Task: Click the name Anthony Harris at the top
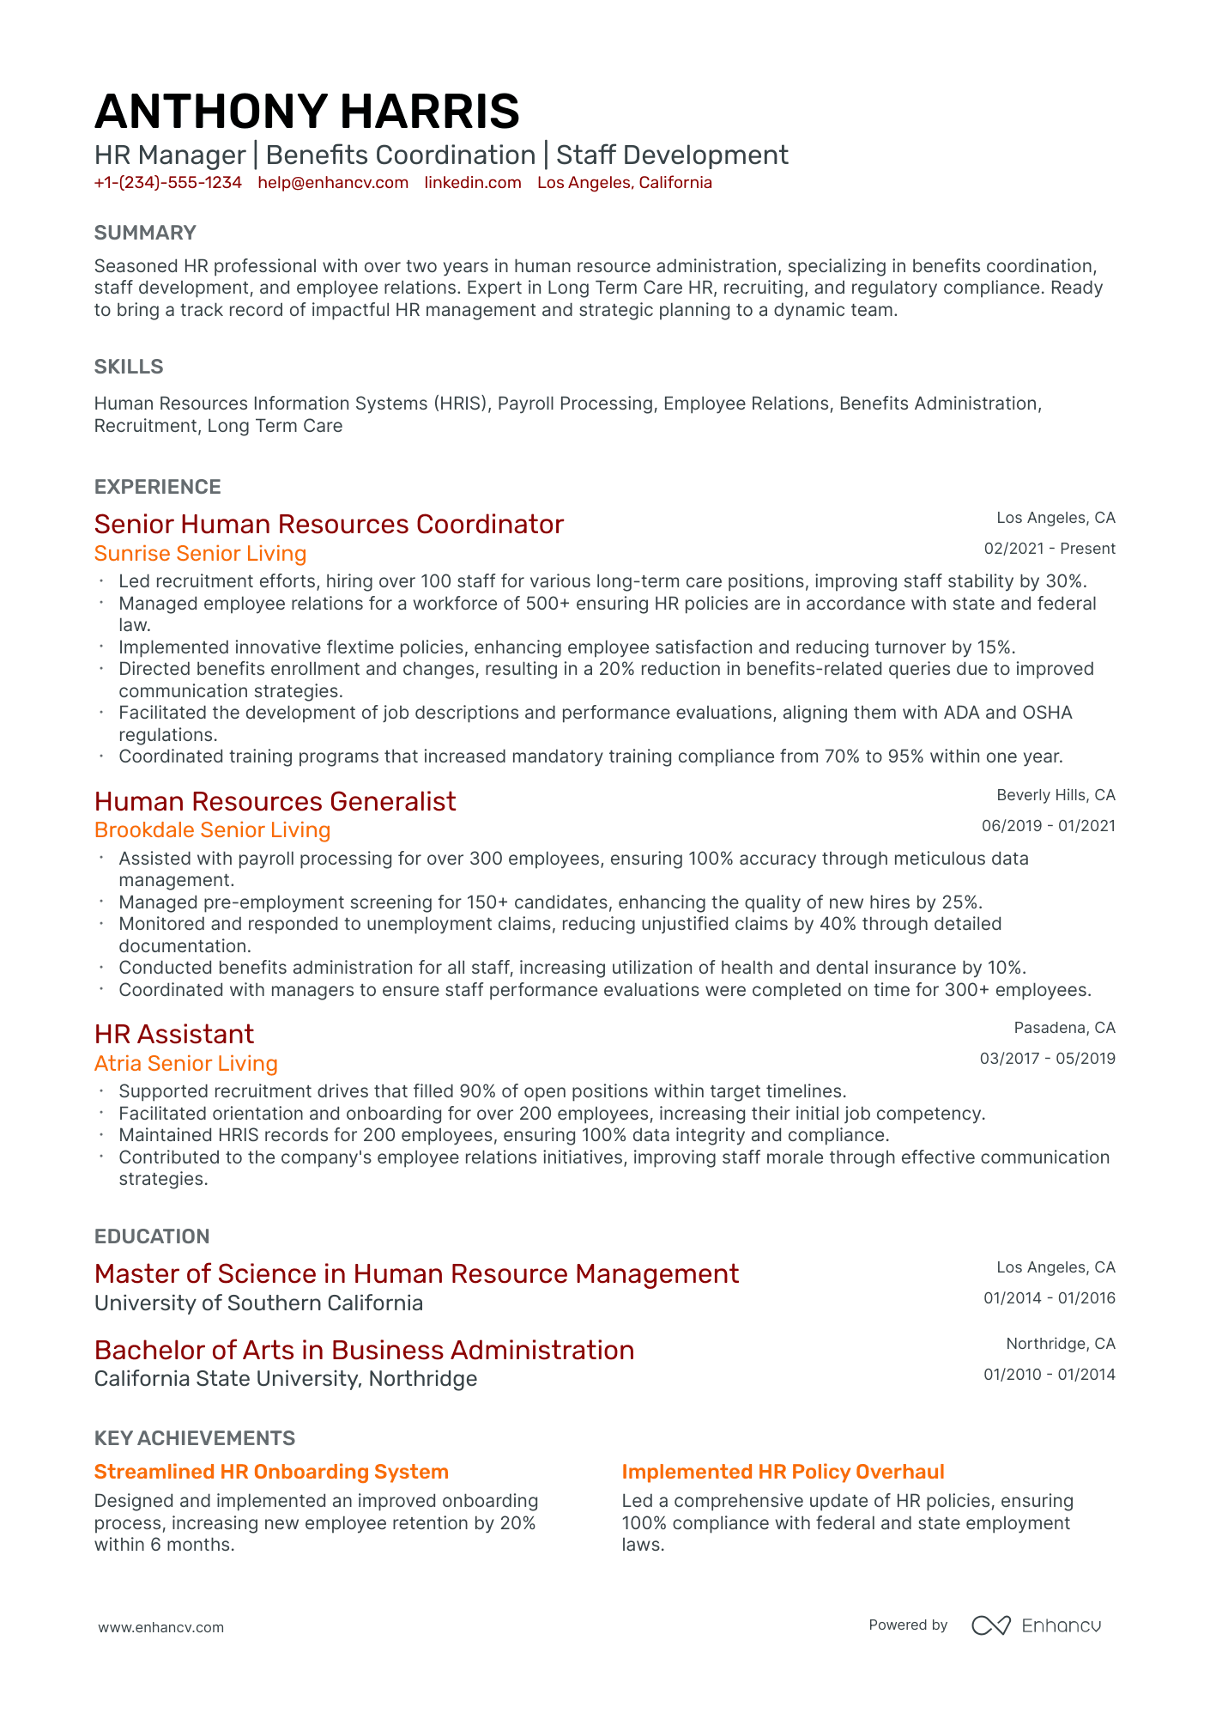pos(306,112)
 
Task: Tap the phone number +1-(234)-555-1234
pos(168,183)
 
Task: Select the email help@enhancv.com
pos(333,183)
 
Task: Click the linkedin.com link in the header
pos(473,183)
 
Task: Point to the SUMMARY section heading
pos(145,233)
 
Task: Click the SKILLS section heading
pos(129,367)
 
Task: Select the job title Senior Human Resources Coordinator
pos(329,525)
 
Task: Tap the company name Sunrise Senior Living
pos(200,554)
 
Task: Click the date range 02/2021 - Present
pos(1050,549)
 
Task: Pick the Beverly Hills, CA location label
pos(1056,795)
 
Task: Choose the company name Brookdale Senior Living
pos(212,830)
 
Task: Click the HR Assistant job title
pos(174,1034)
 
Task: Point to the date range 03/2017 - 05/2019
pos(1047,1059)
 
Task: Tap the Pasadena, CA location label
pos(1064,1028)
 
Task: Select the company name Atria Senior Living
pos(186,1064)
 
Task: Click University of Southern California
pos(258,1303)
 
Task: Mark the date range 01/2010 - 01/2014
pos(1049,1375)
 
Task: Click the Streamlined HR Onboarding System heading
pos(271,1472)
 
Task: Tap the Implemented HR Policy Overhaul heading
pos(783,1472)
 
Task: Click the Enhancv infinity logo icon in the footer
pos(990,1625)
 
